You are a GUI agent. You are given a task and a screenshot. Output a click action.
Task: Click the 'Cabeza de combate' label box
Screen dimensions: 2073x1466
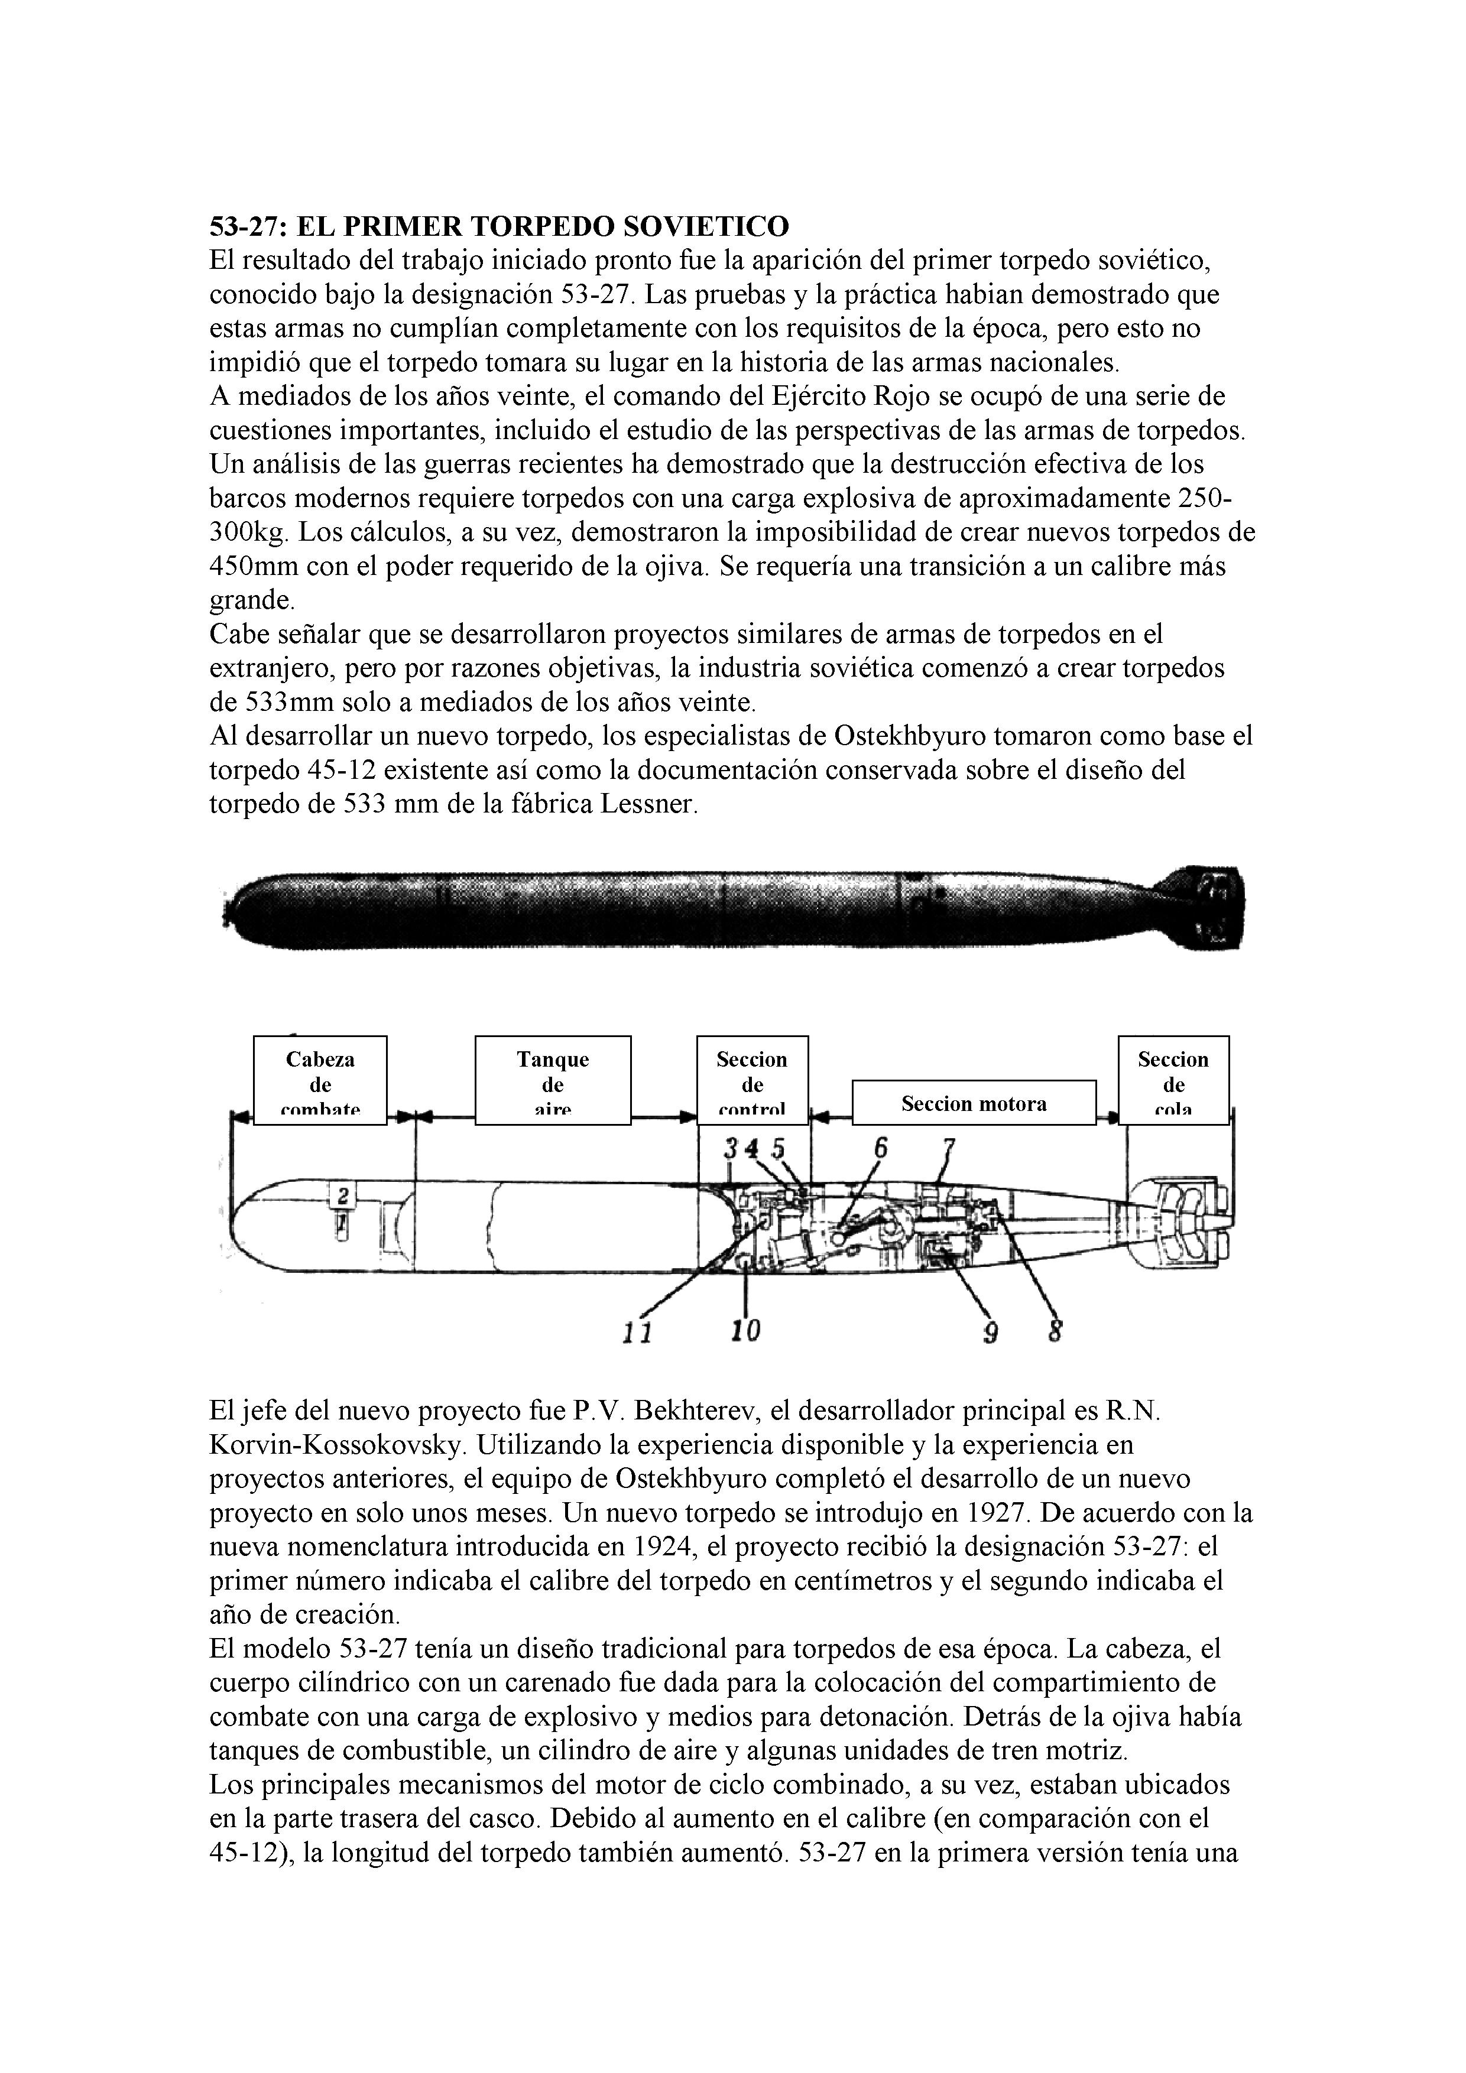point(320,1080)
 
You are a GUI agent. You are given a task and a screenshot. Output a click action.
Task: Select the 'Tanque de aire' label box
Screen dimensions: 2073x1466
point(553,1080)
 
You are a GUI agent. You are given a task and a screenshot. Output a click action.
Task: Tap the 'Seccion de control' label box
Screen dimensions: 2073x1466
point(753,1080)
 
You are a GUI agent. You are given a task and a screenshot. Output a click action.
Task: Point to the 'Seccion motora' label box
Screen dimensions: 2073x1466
point(974,1103)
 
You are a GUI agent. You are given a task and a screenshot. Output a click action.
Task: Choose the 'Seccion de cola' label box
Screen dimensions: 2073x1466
point(1173,1080)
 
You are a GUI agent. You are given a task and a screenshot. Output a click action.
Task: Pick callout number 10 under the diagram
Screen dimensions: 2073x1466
point(746,1329)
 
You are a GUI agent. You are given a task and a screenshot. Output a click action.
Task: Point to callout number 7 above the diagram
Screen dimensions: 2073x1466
point(948,1148)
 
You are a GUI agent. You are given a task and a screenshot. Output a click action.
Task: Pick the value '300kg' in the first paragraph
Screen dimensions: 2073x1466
point(248,532)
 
